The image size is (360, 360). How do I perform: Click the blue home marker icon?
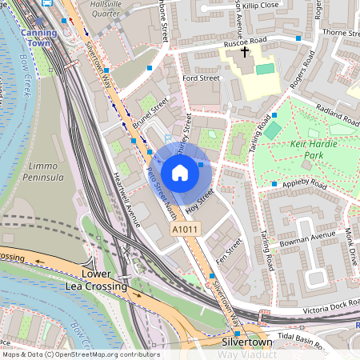[180, 173]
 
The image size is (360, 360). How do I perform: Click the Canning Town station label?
[40, 38]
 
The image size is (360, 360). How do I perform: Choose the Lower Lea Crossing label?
[96, 280]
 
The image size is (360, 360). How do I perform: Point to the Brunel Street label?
[151, 114]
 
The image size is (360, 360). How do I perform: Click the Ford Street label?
[201, 78]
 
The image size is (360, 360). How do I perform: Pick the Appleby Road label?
[306, 184]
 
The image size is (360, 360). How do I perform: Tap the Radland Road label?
[338, 112]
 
